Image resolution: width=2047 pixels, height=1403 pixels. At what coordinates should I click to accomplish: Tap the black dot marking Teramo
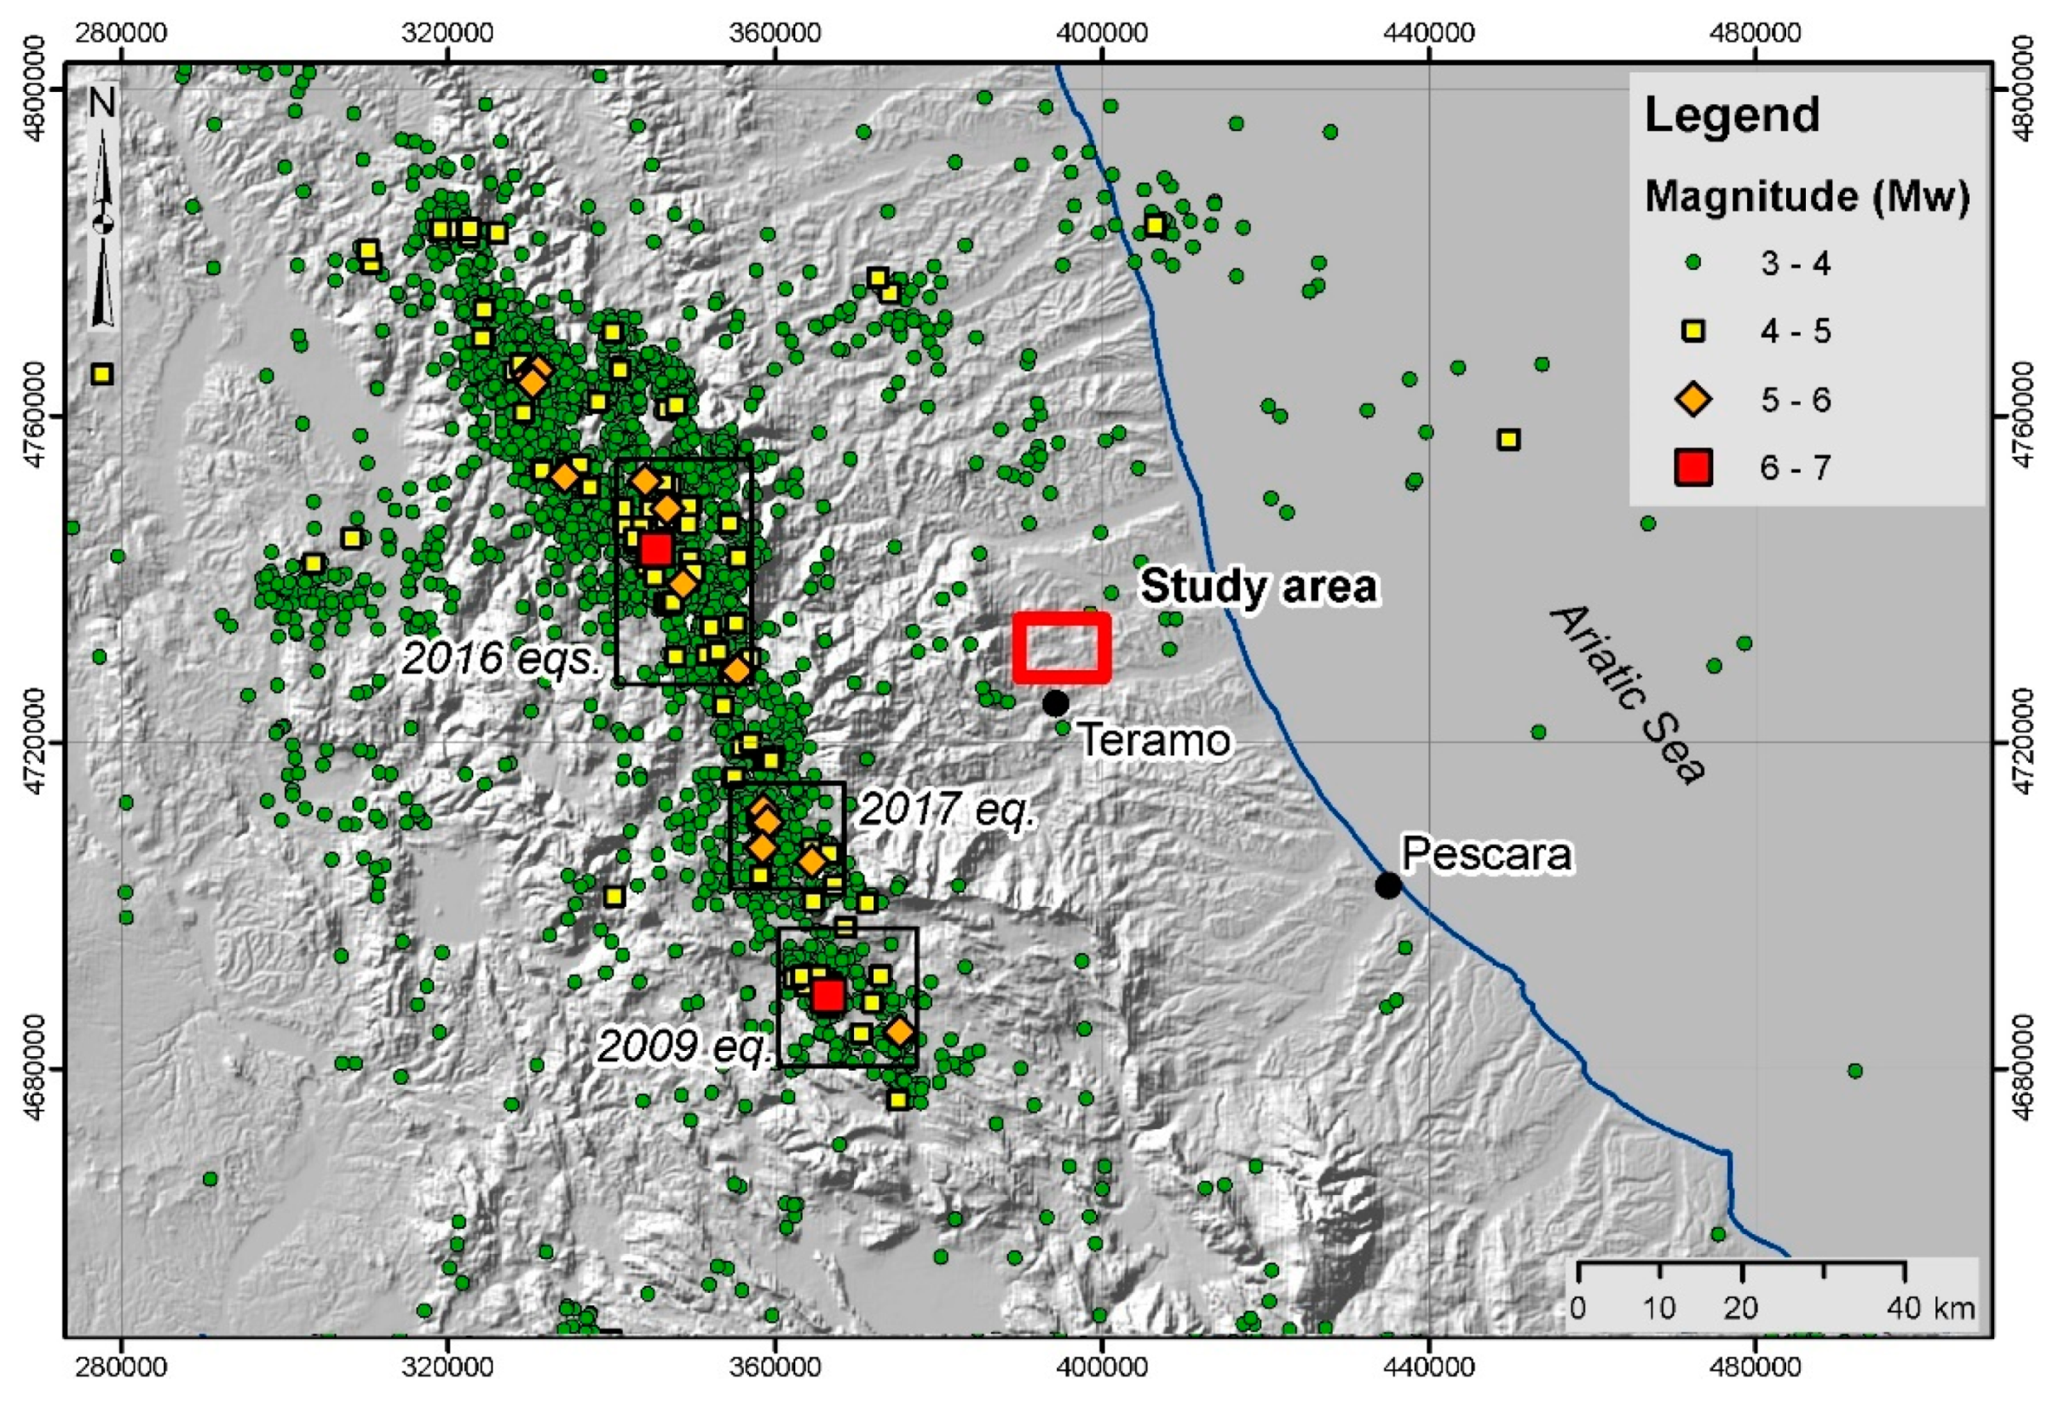pyautogui.click(x=1055, y=704)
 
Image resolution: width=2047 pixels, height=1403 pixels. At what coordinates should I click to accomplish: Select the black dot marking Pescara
pyautogui.click(x=1388, y=886)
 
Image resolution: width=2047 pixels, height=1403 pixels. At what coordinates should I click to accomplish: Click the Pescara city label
pyautogui.click(x=1487, y=853)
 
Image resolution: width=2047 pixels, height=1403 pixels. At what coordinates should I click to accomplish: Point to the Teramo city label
pyautogui.click(x=1154, y=741)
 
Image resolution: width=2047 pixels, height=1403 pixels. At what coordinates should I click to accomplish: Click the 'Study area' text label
pyautogui.click(x=1259, y=586)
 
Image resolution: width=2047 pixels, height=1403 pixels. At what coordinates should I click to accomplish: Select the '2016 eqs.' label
pyautogui.click(x=500, y=658)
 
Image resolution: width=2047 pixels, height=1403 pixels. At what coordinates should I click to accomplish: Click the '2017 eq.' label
pyautogui.click(x=946, y=809)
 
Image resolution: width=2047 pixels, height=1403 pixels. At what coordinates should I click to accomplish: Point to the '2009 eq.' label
pyautogui.click(x=685, y=1047)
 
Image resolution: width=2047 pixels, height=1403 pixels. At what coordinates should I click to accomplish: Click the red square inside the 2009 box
pyautogui.click(x=828, y=996)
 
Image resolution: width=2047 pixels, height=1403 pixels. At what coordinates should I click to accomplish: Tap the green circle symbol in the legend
pyautogui.click(x=1692, y=263)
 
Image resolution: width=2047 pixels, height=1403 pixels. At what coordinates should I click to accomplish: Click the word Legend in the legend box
pyautogui.click(x=1732, y=115)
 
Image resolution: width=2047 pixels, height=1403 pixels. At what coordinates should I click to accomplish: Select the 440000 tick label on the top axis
pyautogui.click(x=1429, y=34)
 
